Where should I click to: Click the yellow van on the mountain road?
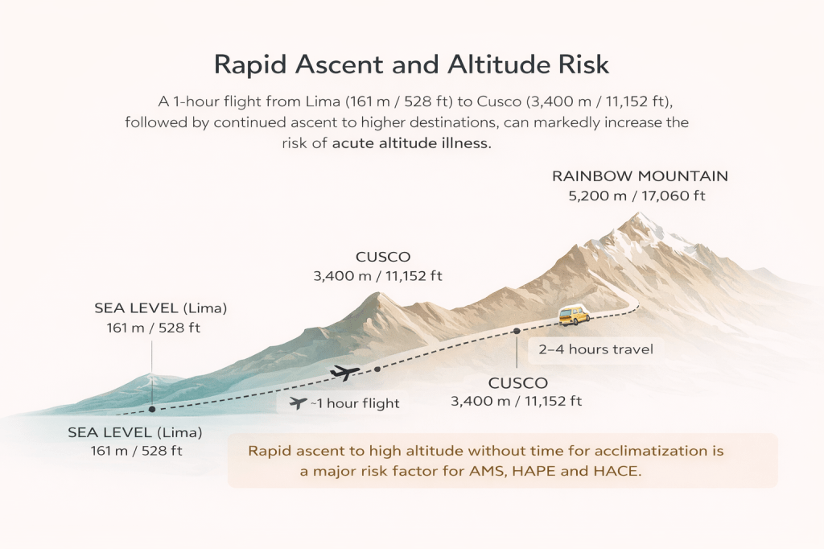point(575,315)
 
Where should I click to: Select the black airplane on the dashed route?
point(344,373)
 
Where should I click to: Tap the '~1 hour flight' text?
point(355,403)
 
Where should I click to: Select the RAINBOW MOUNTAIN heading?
point(640,175)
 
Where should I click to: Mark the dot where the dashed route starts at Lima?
point(152,409)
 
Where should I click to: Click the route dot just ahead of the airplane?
point(377,369)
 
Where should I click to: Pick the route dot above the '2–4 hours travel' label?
point(516,330)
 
